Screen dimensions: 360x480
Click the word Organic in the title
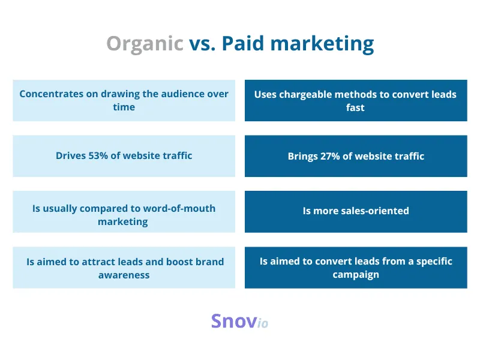click(145, 44)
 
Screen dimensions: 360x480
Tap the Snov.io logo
click(239, 322)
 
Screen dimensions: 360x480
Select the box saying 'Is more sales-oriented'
click(356, 211)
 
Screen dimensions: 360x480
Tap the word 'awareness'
click(124, 275)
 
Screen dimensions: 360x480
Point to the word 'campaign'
click(356, 274)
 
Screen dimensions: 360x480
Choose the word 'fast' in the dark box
click(355, 107)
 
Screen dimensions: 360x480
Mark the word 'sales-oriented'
click(376, 211)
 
